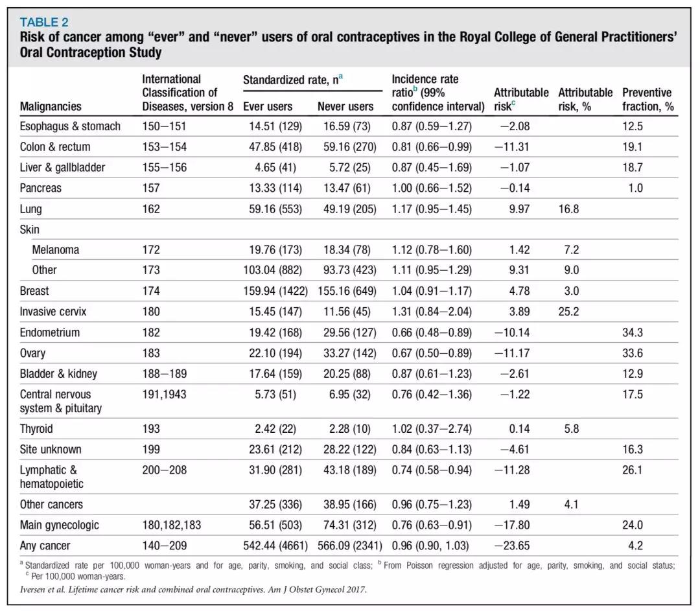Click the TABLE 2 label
[x=44, y=22]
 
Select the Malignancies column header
[x=51, y=106]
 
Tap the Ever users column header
[x=268, y=106]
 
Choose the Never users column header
[x=345, y=106]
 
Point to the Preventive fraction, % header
[x=647, y=99]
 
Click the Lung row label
[x=30, y=209]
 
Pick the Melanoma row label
[x=55, y=249]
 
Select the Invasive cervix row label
[x=52, y=312]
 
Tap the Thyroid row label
[x=36, y=429]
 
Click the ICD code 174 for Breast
[x=151, y=291]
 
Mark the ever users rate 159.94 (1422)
[x=275, y=291]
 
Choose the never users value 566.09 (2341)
[x=349, y=546]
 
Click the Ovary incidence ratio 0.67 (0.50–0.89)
[x=432, y=353]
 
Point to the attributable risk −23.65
[x=512, y=546]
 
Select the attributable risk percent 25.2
[x=568, y=312]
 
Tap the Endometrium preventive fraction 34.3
[x=633, y=332]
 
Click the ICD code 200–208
[x=164, y=470]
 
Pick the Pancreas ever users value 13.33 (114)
[x=275, y=188]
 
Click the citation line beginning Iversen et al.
[x=193, y=590]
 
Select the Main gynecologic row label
[x=59, y=525]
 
